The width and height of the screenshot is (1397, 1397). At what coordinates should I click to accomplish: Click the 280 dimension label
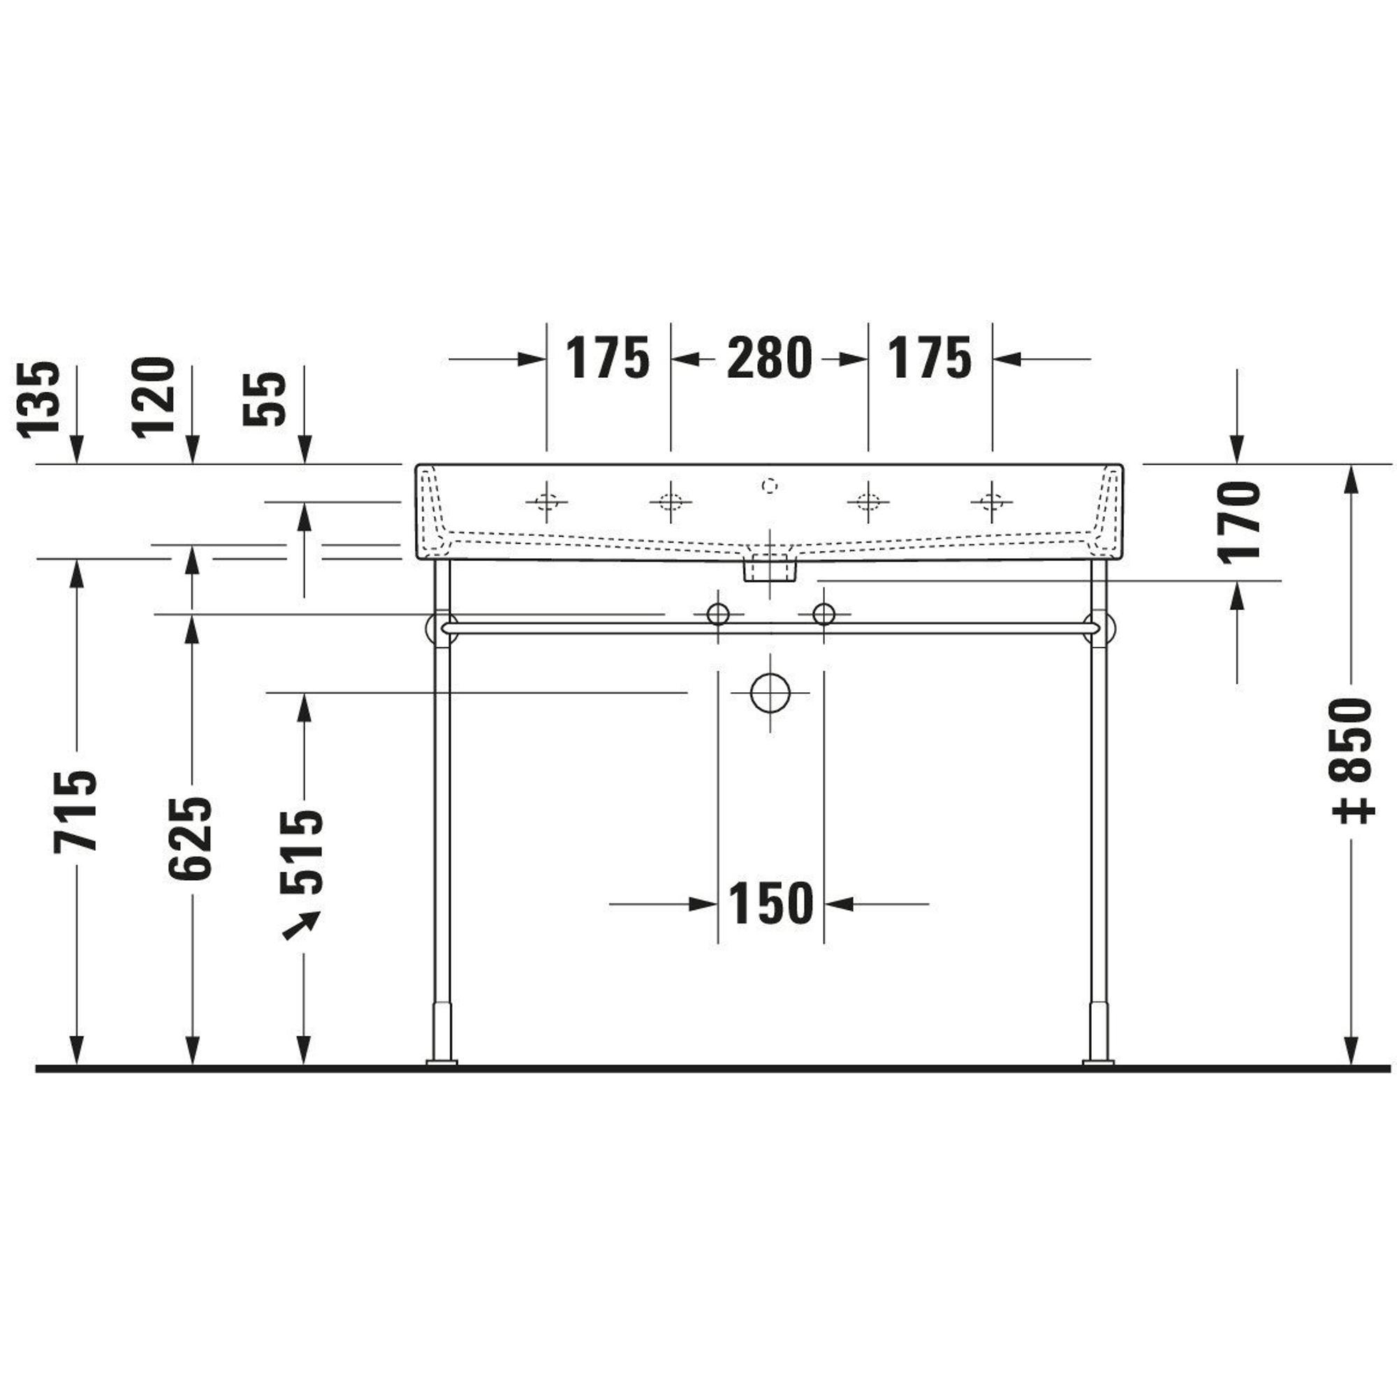point(769,358)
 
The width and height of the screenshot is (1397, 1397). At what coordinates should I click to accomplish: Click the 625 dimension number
point(190,838)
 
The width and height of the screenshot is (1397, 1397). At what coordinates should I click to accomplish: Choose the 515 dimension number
point(302,852)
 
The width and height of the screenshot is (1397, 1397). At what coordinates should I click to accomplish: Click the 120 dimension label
point(153,396)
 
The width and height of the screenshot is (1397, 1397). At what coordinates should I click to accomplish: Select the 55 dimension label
point(265,399)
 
